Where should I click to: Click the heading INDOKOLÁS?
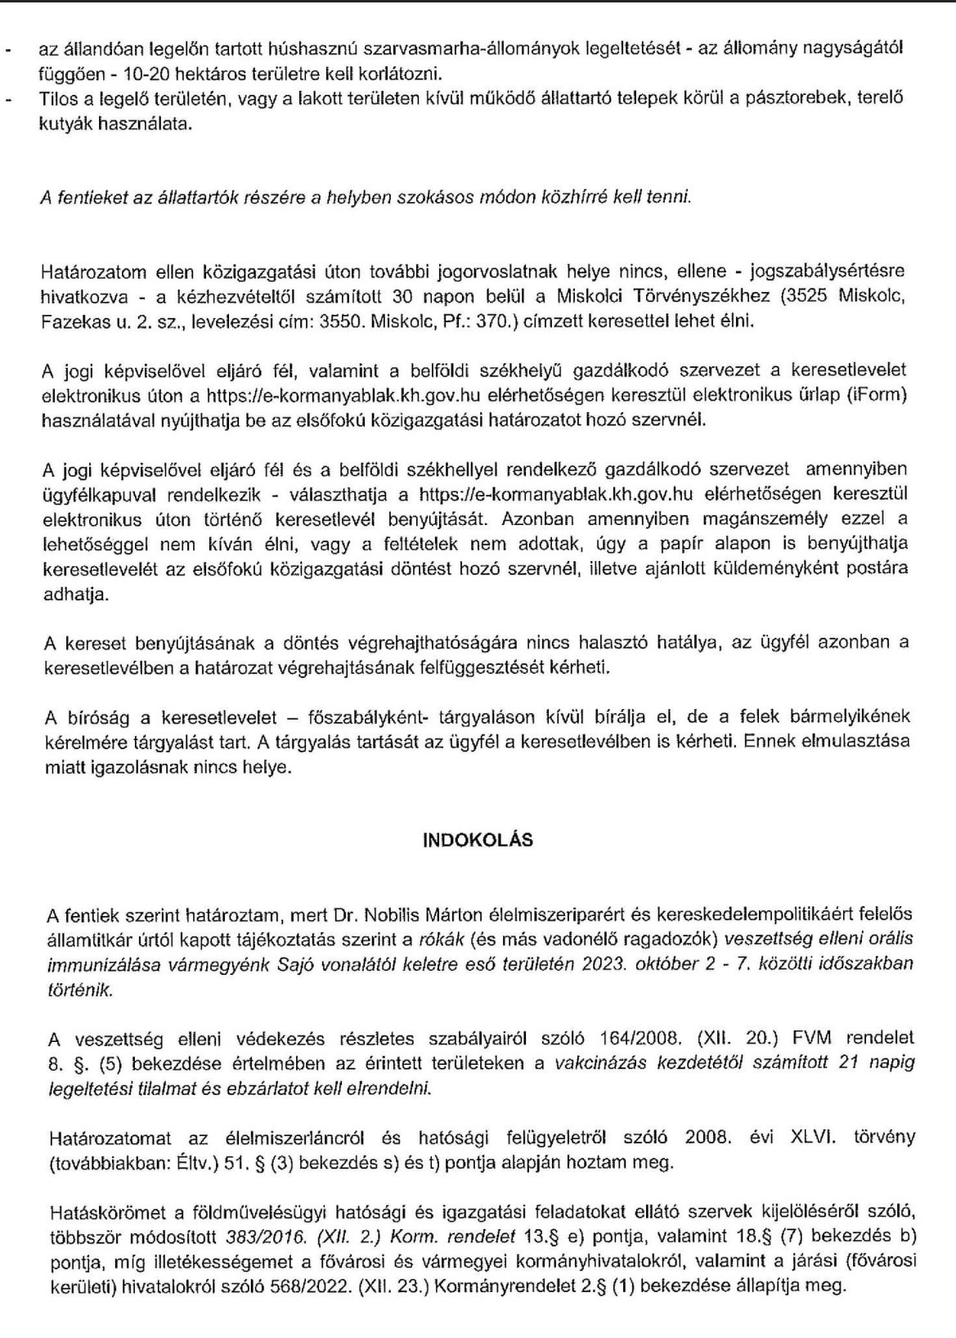click(x=478, y=840)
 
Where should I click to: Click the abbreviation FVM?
click(x=811, y=1039)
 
